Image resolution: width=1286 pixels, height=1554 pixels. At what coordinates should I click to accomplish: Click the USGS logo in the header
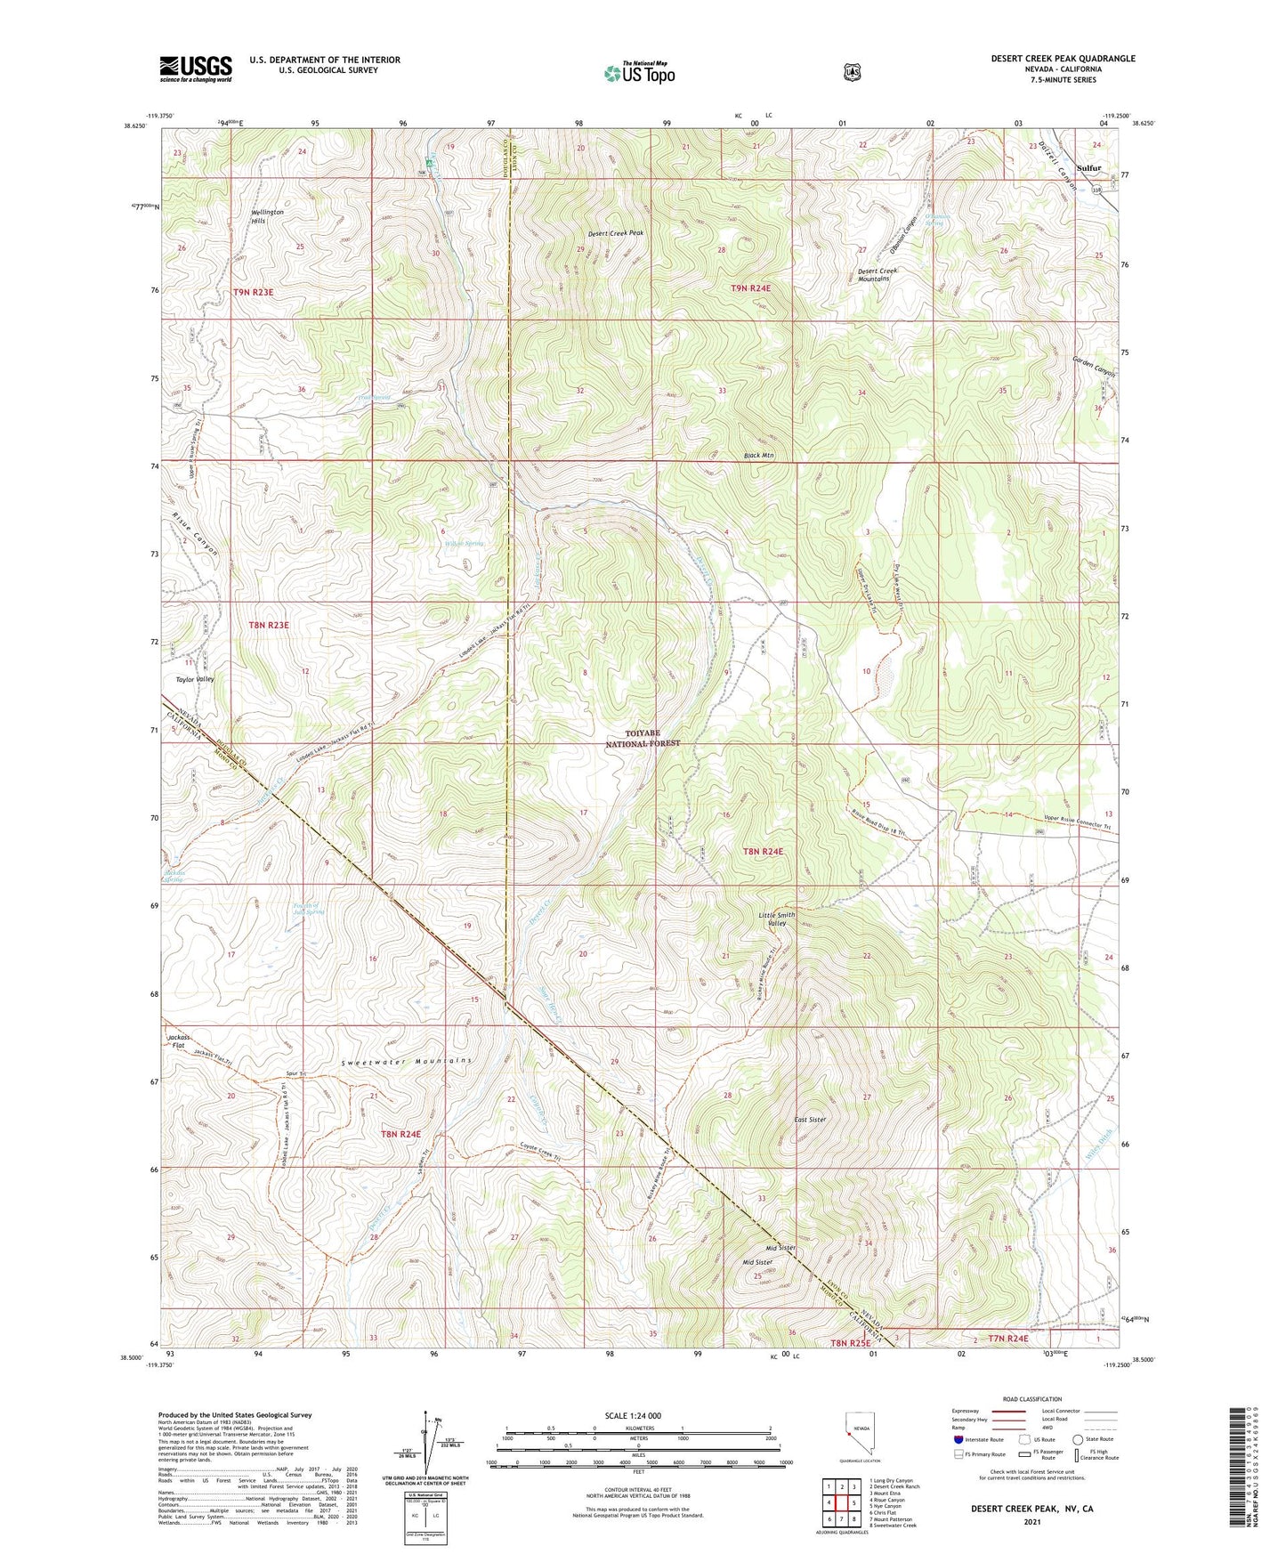196,68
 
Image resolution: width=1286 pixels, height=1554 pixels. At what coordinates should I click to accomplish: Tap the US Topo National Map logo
638,72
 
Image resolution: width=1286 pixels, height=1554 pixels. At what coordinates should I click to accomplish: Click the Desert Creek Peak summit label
616,233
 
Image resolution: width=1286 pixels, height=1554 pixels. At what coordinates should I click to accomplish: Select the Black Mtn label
759,455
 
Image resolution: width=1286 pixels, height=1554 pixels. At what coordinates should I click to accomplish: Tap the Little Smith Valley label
776,919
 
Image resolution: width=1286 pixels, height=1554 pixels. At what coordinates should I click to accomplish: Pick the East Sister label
810,1120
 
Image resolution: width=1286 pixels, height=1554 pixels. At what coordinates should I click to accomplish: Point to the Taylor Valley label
195,679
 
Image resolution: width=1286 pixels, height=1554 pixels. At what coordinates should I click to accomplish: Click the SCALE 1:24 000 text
639,1415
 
